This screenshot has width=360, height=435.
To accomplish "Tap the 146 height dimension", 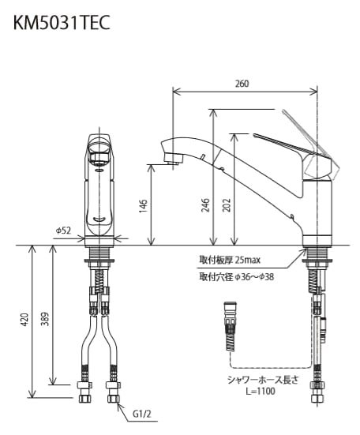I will click(143, 205).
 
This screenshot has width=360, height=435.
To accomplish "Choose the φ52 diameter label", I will click(63, 231).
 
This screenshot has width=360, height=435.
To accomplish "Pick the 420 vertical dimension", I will click(24, 320).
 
